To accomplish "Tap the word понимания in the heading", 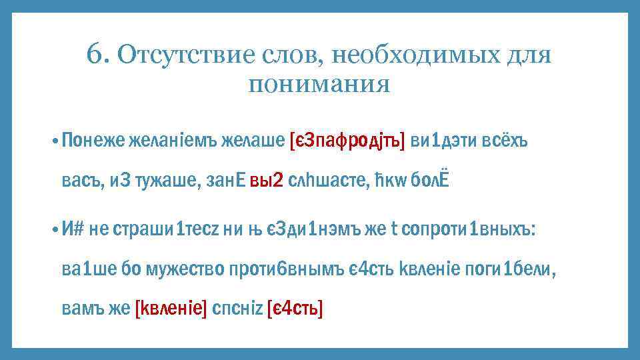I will pyautogui.click(x=318, y=85).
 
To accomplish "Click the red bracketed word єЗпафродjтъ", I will pyautogui.click(x=347, y=141).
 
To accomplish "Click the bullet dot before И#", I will pyautogui.click(x=53, y=229).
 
